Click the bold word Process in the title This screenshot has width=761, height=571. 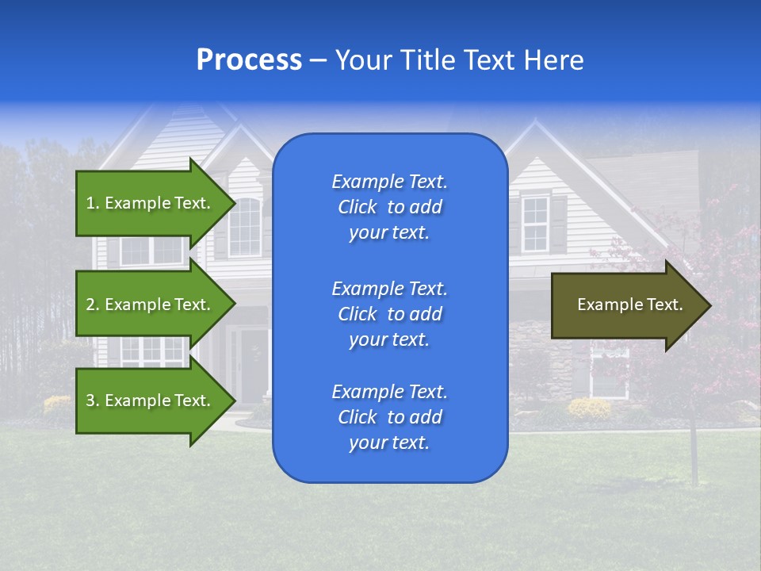249,60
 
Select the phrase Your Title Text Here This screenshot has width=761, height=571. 459,60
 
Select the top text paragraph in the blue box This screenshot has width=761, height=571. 389,207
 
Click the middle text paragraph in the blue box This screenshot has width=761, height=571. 389,313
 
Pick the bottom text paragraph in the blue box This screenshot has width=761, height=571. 389,417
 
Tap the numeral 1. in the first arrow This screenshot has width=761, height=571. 93,203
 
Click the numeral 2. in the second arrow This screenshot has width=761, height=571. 93,305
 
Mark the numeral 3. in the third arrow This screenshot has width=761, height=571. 93,400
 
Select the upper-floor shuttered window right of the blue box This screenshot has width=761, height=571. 535,224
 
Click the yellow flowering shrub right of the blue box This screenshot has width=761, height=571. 589,409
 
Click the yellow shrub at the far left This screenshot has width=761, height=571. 57,405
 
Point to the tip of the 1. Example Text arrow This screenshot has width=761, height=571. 235,203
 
